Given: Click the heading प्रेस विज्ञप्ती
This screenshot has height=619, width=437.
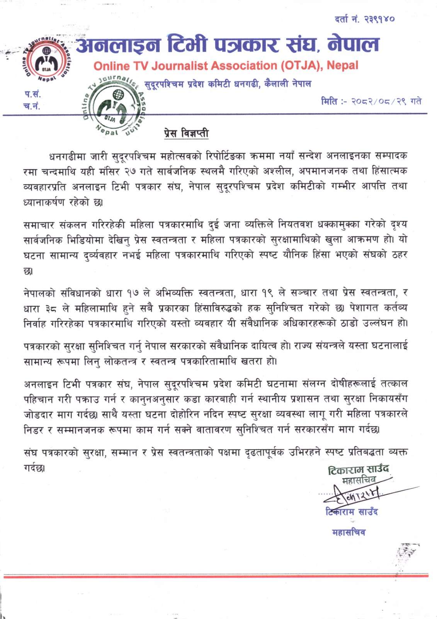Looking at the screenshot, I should coord(186,133).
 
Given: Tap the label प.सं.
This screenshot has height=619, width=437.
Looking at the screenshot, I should coord(32,94).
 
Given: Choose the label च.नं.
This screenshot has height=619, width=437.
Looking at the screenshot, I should coord(32,106).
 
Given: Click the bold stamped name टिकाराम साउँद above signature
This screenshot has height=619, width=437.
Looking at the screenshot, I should coord(358,469).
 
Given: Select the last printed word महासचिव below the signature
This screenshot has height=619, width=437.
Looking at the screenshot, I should coord(349,532).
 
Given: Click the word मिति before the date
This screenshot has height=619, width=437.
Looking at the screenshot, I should coord(329,102).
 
